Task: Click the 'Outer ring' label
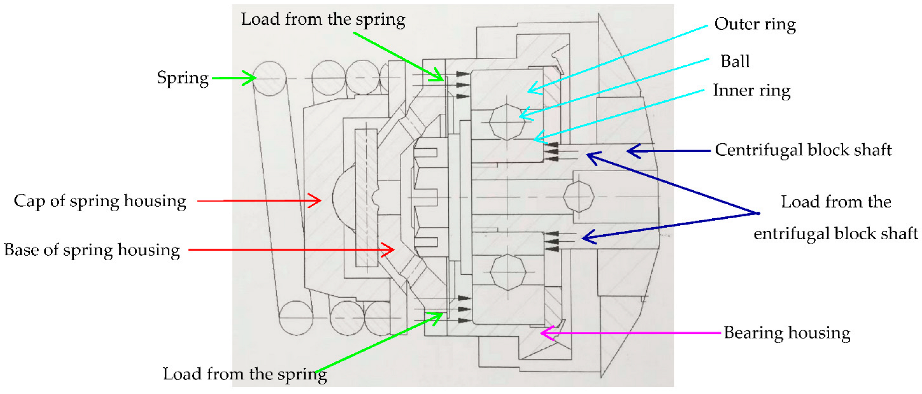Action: click(x=754, y=24)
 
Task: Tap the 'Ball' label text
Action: click(x=734, y=61)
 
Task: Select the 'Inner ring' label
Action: click(x=751, y=90)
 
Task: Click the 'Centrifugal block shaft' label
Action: click(x=803, y=150)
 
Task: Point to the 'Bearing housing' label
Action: click(x=787, y=333)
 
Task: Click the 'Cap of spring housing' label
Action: click(x=100, y=201)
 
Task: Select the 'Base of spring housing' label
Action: click(x=92, y=250)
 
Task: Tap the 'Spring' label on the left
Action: click(x=182, y=78)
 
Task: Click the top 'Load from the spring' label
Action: click(x=323, y=20)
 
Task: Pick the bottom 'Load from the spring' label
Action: click(x=244, y=374)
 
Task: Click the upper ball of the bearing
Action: click(x=507, y=122)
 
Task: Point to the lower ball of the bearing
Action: click(x=508, y=271)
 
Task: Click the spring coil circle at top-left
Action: click(x=269, y=78)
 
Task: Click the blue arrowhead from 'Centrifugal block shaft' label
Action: click(x=631, y=151)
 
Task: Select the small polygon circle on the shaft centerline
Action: click(x=579, y=196)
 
